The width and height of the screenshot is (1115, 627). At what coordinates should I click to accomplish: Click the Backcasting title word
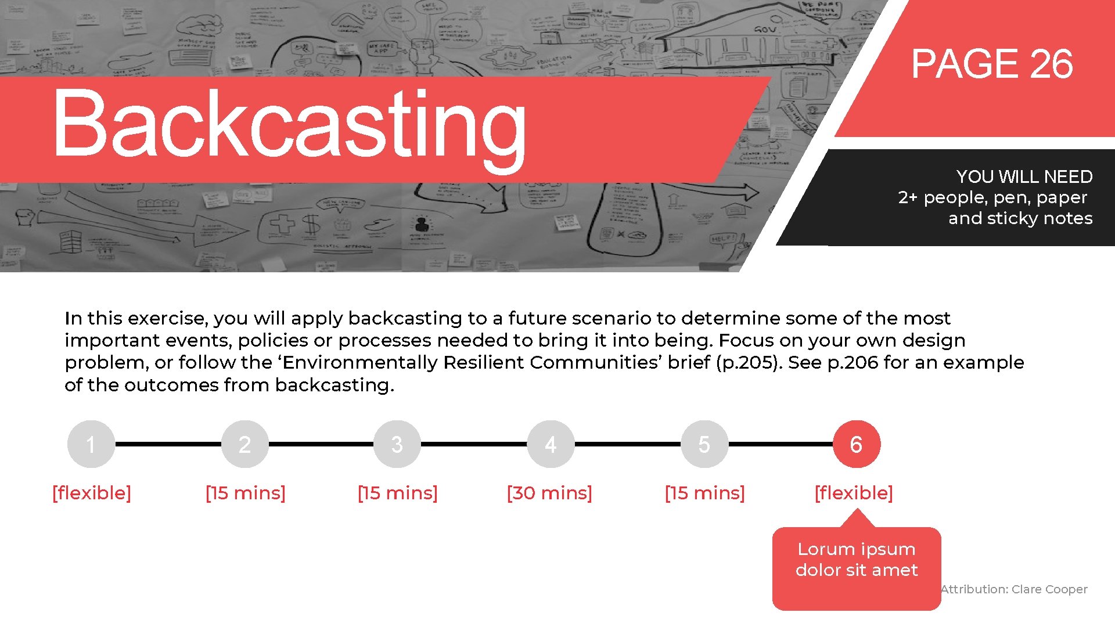(289, 124)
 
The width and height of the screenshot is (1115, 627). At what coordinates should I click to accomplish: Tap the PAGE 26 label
(991, 64)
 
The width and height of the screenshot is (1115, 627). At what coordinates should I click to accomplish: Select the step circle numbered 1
(91, 444)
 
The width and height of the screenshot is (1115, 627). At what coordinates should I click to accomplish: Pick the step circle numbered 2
(244, 444)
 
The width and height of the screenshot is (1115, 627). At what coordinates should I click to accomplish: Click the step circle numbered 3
(397, 444)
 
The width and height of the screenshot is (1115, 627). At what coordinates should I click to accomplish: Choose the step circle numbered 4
(551, 444)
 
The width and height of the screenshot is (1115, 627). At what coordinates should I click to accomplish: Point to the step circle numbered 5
(704, 444)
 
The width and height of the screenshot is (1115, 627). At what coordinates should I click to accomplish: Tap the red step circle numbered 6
(856, 444)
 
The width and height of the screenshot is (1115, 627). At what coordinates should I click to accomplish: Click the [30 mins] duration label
(549, 493)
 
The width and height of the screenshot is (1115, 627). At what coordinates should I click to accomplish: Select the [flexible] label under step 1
(92, 493)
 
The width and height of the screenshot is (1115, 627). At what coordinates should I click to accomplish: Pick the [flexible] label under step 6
(854, 493)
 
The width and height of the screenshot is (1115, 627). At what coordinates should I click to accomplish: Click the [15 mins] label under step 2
(246, 493)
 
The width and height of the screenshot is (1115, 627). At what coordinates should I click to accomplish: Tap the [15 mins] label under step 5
(704, 493)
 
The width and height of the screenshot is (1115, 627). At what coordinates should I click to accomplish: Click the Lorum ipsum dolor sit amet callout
(856, 560)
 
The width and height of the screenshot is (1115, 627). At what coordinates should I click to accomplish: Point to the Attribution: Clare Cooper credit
(1014, 589)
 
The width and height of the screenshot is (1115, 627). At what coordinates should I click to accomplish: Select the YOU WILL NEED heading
(1024, 176)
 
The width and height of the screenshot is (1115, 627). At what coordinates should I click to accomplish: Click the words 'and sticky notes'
(1020, 218)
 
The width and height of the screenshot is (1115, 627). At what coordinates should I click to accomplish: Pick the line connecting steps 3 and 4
(474, 444)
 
